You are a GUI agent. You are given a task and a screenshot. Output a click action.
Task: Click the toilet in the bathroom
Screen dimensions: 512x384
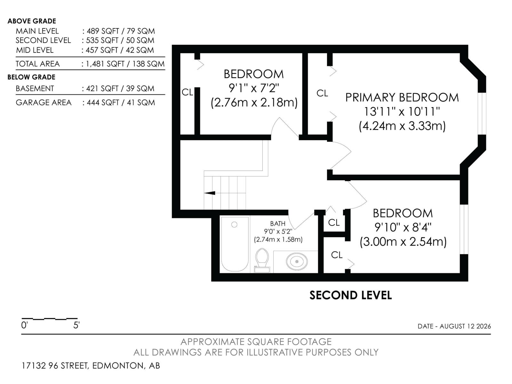pos(262,260)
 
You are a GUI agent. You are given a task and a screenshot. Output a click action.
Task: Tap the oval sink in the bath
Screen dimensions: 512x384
pos(296,261)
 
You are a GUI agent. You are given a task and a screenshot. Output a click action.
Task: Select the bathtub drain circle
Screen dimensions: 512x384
pos(234,225)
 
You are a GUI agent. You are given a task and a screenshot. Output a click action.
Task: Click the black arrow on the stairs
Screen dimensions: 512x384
pos(210,193)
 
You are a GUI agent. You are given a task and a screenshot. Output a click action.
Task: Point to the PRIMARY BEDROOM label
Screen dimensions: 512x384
pos(402,98)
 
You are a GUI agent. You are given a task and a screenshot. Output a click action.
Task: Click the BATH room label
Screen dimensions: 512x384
pos(277,224)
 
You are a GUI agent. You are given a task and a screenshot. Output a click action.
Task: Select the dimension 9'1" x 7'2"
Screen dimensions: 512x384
pos(254,88)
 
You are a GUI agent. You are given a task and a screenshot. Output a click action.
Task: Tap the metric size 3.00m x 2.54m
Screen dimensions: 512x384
pos(403,242)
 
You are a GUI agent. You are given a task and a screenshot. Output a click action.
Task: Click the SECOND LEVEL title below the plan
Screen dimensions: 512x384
pos(351,295)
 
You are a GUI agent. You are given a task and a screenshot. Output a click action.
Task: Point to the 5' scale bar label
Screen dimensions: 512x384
pos(76,325)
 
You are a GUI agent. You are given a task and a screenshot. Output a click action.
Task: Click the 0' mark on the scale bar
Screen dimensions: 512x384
pos(24,325)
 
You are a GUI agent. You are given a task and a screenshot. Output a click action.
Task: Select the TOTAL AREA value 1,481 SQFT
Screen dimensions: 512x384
pos(105,64)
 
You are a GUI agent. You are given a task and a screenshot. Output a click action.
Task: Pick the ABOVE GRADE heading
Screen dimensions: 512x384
pos(32,21)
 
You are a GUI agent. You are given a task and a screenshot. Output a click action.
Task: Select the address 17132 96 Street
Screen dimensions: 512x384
pos(55,365)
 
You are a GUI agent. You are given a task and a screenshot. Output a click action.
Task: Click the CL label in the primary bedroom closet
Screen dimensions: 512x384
pos(322,93)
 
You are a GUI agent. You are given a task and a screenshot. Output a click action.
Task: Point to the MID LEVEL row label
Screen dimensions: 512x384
pos(35,50)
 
